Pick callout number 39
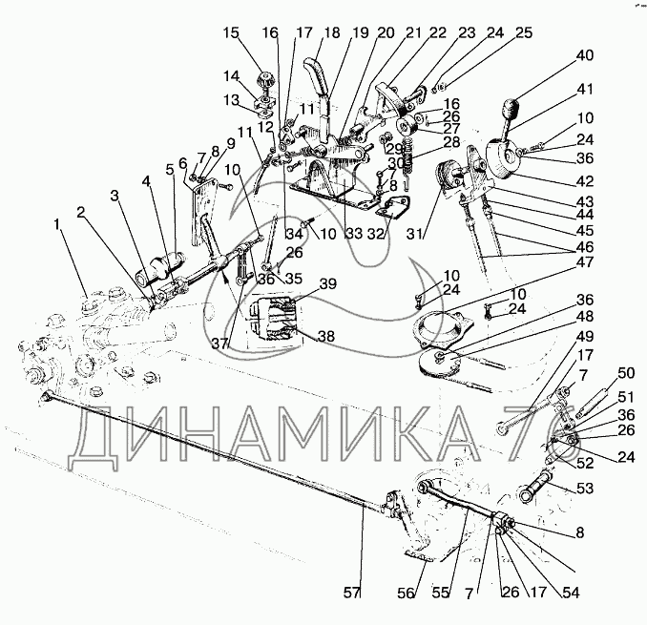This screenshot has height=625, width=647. (x=327, y=284)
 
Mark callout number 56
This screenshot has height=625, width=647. (x=407, y=592)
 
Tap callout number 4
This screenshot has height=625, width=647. (x=146, y=180)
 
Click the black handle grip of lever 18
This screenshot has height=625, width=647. (x=316, y=73)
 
